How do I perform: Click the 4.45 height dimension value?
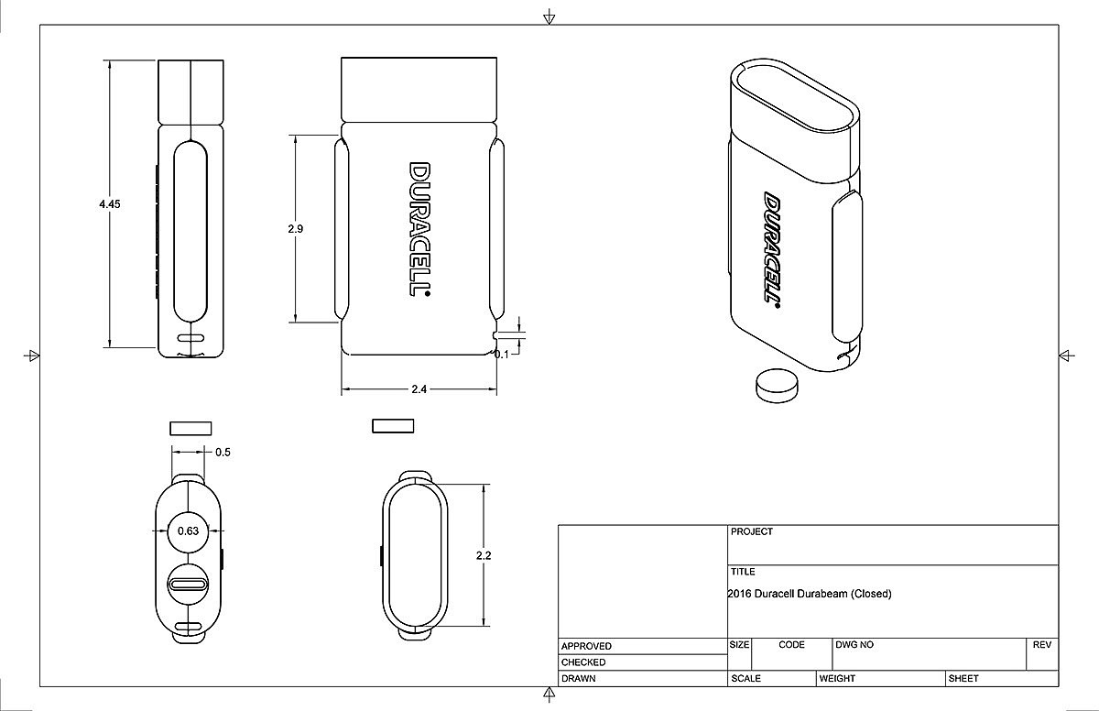tap(109, 204)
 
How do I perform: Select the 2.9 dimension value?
tap(295, 229)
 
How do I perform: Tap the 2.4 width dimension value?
tap(419, 389)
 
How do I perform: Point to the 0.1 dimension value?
tap(502, 355)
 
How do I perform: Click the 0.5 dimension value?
tap(223, 453)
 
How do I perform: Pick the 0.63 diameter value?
tap(188, 531)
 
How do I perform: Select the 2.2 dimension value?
tap(484, 555)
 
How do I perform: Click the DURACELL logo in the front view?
tap(419, 229)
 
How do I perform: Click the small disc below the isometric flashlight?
tap(777, 386)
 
